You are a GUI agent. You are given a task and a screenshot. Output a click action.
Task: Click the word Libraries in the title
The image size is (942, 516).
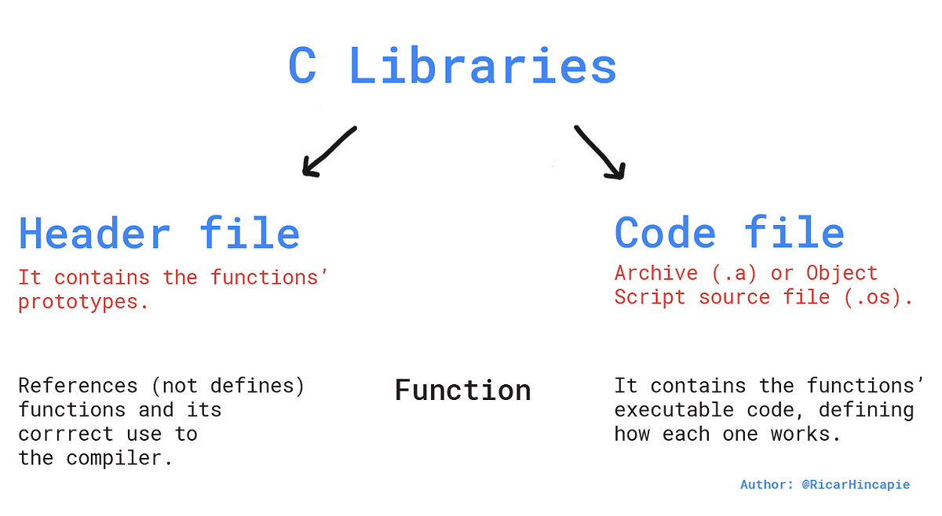483,66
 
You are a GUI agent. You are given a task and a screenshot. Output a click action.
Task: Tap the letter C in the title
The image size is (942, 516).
302,66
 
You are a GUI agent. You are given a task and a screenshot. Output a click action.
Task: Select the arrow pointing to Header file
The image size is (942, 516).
329,152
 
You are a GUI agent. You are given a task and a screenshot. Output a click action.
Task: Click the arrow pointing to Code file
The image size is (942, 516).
601,153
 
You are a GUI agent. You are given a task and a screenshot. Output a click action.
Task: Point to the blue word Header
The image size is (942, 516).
94,234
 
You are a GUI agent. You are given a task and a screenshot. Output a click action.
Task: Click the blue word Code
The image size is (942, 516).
665,232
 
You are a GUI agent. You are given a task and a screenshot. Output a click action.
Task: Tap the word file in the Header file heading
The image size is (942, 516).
250,233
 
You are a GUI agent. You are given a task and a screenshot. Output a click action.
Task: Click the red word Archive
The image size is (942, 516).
656,273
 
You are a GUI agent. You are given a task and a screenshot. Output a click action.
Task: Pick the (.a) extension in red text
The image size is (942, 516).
734,274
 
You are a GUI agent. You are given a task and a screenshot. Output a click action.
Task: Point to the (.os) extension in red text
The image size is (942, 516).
878,298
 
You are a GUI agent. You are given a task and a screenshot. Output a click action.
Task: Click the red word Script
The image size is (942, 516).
650,298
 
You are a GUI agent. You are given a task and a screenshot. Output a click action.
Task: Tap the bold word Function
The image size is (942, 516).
463,391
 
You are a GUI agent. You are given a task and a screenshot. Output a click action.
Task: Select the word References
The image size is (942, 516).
78,386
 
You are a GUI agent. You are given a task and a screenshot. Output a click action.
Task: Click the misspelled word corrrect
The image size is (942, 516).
66,434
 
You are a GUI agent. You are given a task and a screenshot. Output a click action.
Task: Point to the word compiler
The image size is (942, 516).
119,459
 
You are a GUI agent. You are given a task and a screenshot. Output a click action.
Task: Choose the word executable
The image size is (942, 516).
674,409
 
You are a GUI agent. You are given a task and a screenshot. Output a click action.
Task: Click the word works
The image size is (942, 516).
805,434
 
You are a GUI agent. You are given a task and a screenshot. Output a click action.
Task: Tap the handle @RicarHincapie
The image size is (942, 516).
856,485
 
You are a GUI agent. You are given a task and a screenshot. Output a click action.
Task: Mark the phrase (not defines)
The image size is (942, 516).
228,386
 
